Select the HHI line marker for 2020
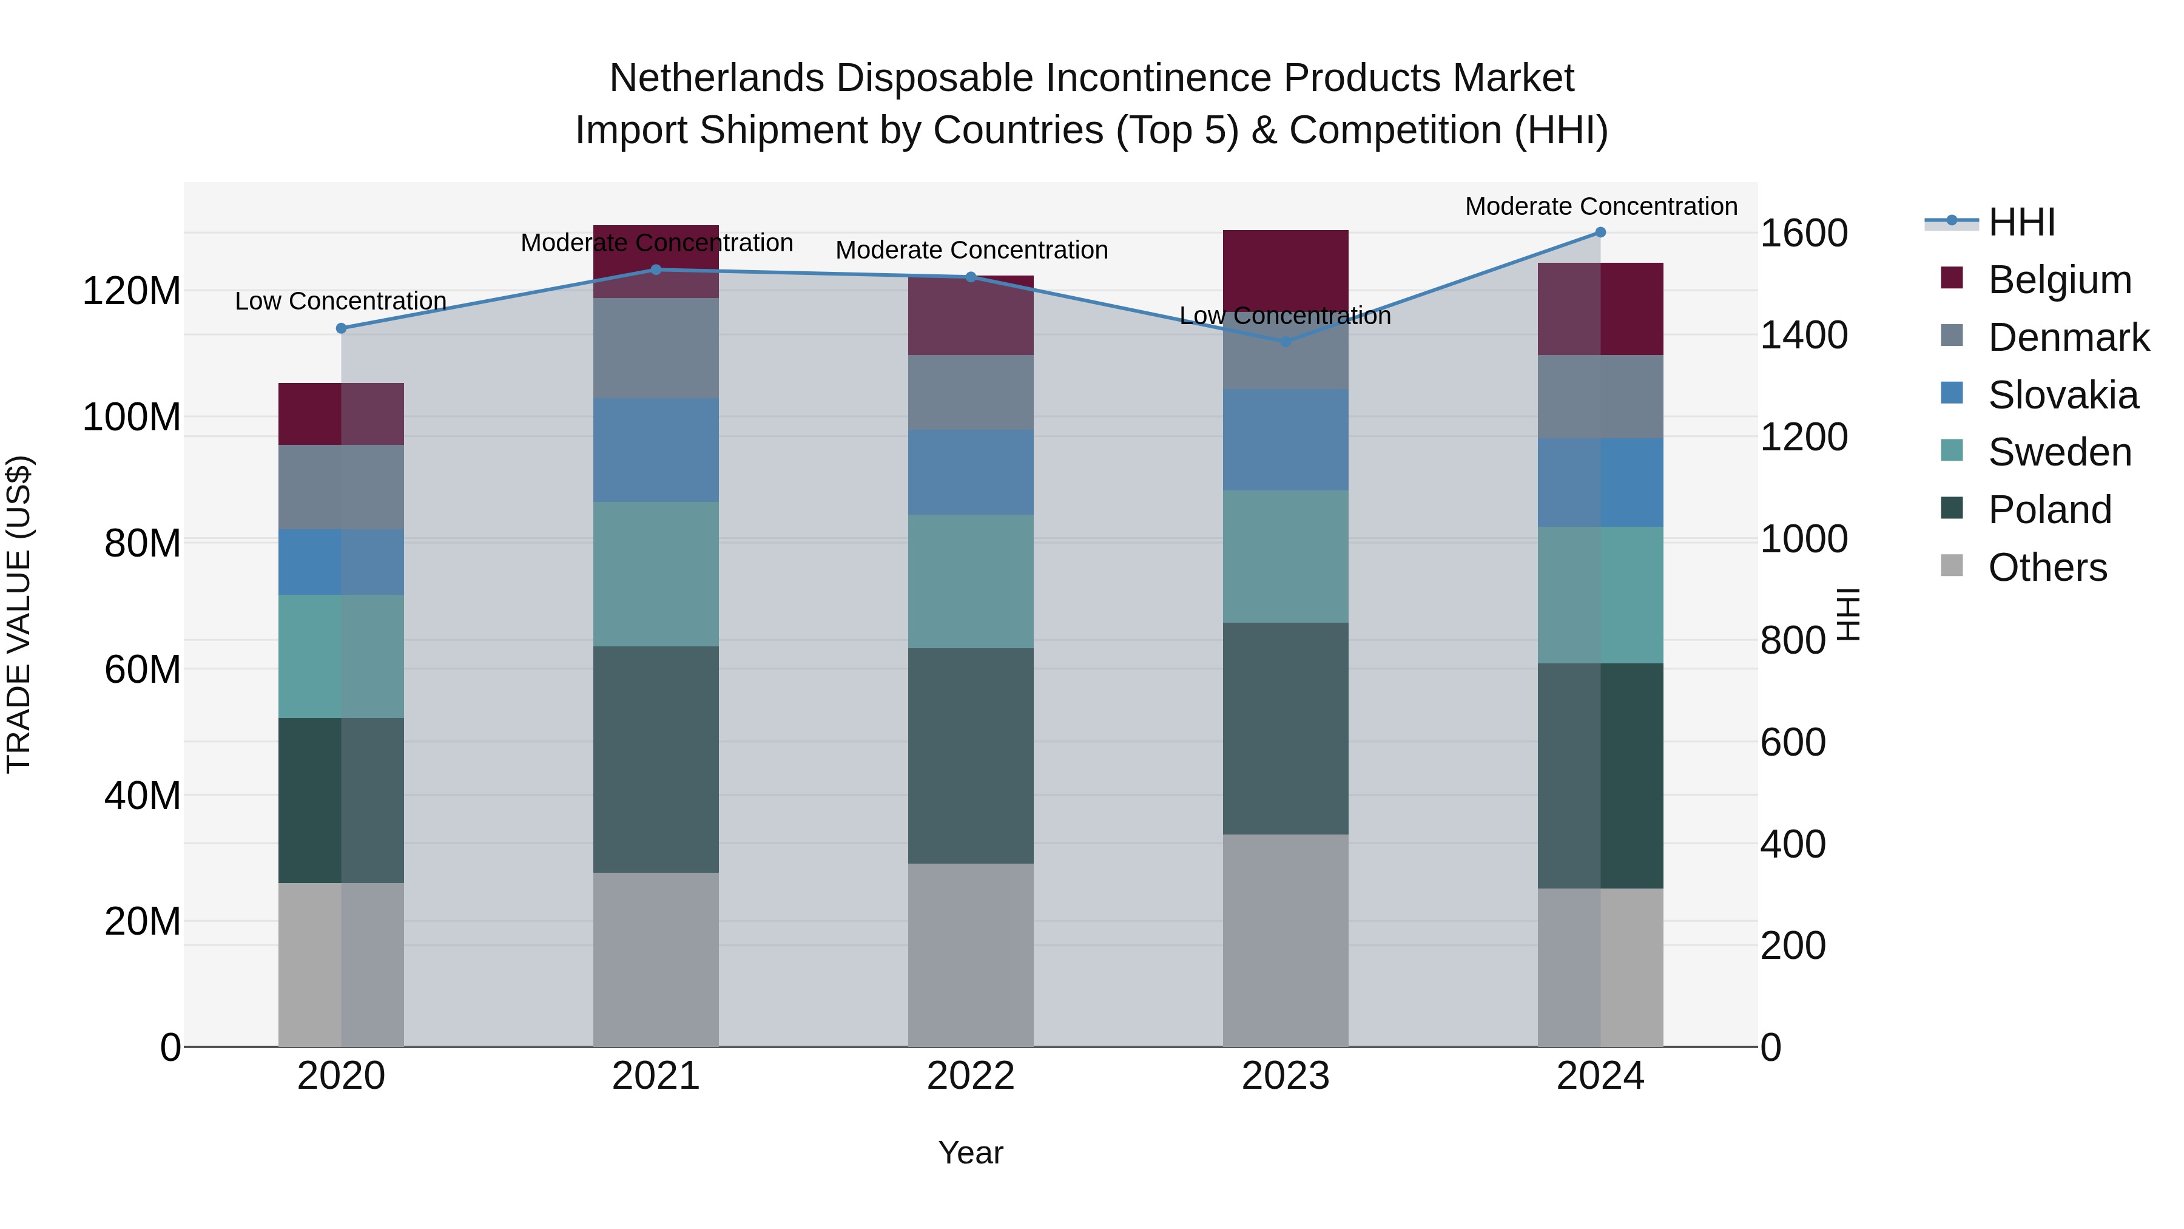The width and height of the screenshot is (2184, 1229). (x=342, y=328)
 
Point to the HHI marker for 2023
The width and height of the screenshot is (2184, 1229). (x=1286, y=342)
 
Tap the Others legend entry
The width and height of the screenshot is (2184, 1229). (x=2047, y=567)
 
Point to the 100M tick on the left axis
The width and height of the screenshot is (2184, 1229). (x=132, y=418)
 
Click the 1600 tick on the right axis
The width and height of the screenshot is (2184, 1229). (x=1804, y=233)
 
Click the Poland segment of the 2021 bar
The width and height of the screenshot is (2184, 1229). (x=656, y=759)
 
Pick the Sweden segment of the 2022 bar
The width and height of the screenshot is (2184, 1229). (x=971, y=582)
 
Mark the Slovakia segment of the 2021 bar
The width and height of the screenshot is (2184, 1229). (x=656, y=450)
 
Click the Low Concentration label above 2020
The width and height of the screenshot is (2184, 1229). (x=341, y=301)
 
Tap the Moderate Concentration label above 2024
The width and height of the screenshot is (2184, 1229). (x=1601, y=206)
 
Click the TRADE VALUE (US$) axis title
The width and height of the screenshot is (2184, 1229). (x=19, y=614)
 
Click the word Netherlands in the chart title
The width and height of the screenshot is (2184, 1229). (x=716, y=78)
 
